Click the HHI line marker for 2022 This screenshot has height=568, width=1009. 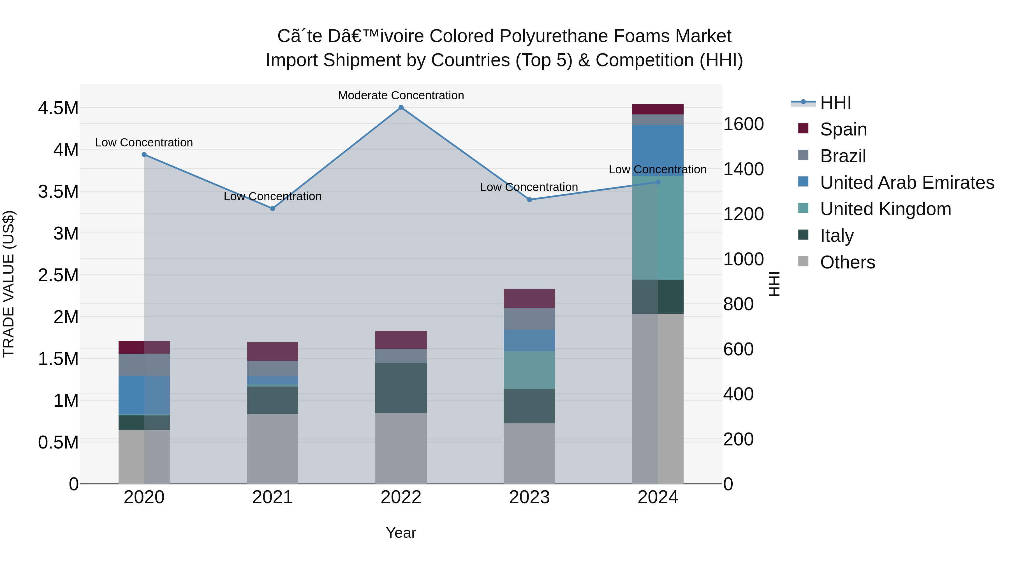401,107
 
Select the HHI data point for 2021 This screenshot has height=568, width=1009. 273,208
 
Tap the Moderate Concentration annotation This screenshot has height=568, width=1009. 401,95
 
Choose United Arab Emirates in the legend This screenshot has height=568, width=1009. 907,182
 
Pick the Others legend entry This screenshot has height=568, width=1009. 847,262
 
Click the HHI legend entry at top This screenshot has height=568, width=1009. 835,103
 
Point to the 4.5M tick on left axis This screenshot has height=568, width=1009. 58,108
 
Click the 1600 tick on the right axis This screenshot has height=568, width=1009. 743,124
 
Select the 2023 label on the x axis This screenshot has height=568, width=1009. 529,497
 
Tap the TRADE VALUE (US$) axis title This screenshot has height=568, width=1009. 9,284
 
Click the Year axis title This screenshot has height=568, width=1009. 401,533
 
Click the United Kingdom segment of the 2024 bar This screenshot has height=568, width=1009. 658,228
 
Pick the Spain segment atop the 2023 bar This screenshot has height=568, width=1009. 529,298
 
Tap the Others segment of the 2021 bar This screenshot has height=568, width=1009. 273,449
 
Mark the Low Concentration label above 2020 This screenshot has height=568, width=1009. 144,142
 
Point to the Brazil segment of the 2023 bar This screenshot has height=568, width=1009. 529,319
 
